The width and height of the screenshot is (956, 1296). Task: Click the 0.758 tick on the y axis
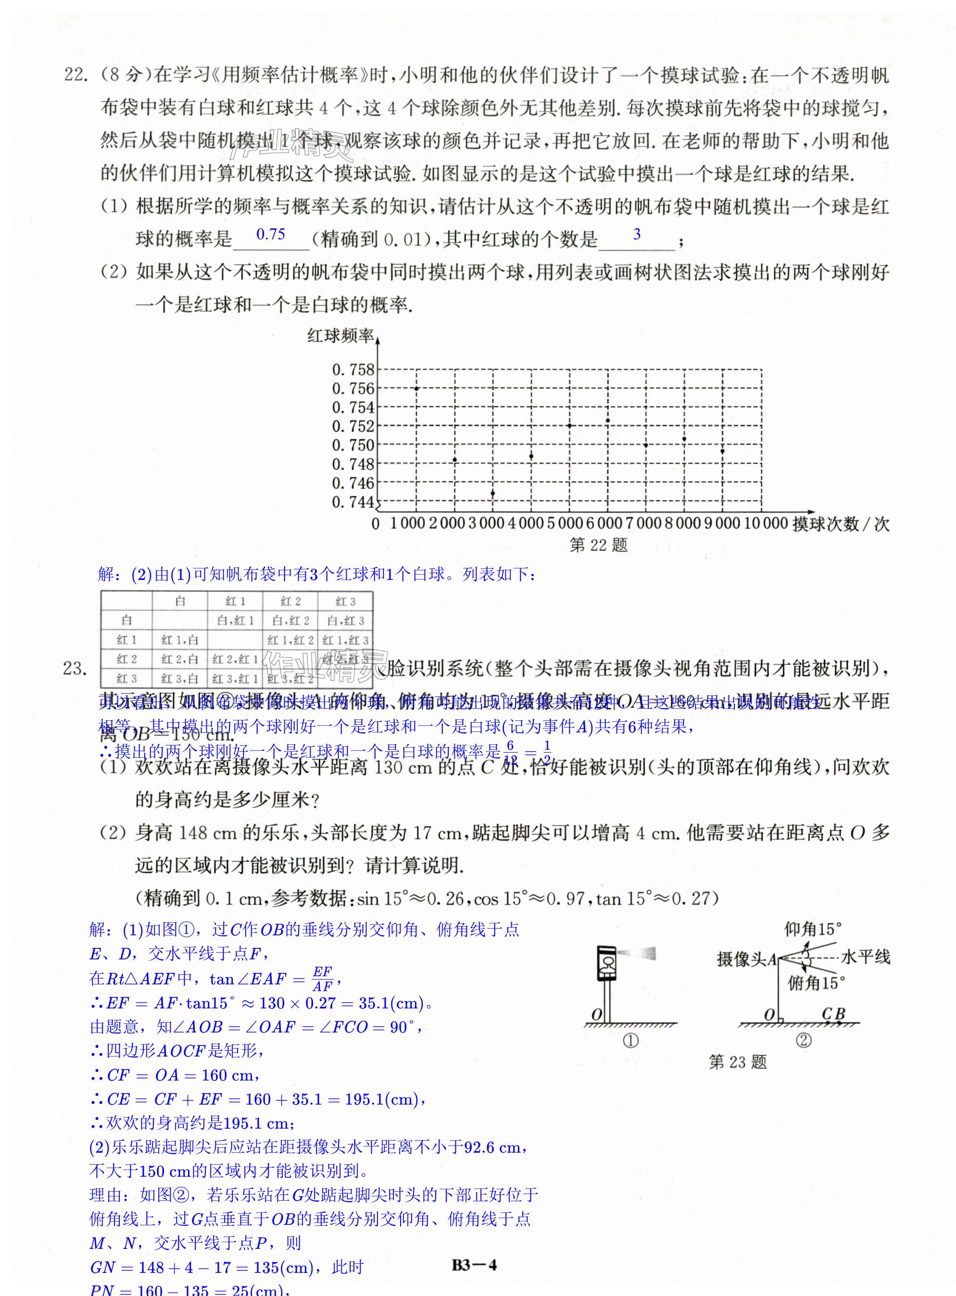click(x=353, y=370)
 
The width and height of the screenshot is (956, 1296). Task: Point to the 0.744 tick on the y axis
click(x=353, y=502)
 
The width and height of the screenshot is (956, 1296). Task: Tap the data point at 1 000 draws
click(x=416, y=388)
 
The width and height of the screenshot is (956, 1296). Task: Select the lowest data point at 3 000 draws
click(x=493, y=493)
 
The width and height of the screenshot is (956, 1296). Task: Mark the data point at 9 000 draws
click(x=723, y=451)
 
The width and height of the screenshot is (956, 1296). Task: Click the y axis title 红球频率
click(x=340, y=336)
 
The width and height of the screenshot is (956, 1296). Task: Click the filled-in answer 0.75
click(x=271, y=234)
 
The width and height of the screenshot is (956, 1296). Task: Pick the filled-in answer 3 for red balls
click(x=637, y=234)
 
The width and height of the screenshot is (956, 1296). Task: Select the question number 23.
click(x=75, y=669)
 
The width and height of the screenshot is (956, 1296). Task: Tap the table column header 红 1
click(x=235, y=602)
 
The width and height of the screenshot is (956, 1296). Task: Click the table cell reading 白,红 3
click(x=345, y=621)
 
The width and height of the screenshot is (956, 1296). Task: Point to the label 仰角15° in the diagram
click(x=813, y=930)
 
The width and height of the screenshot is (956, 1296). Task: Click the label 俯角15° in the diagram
click(x=816, y=983)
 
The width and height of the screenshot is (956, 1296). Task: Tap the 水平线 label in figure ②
click(x=866, y=957)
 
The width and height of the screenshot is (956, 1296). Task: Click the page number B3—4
click(x=474, y=1265)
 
